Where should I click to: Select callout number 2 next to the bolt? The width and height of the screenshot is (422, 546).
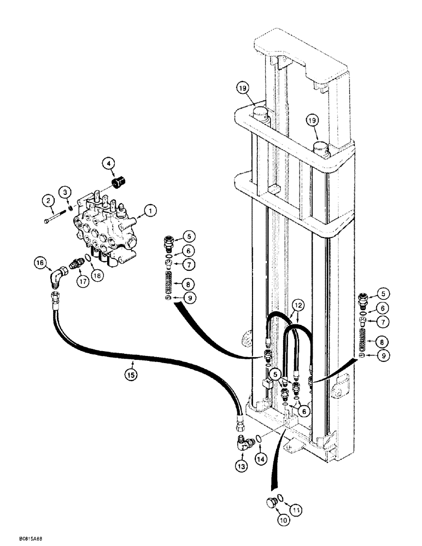[48, 201]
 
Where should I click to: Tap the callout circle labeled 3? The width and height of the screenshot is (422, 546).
[66, 192]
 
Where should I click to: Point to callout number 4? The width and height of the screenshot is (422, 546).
[109, 163]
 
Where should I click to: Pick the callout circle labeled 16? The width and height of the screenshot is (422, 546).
[39, 263]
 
